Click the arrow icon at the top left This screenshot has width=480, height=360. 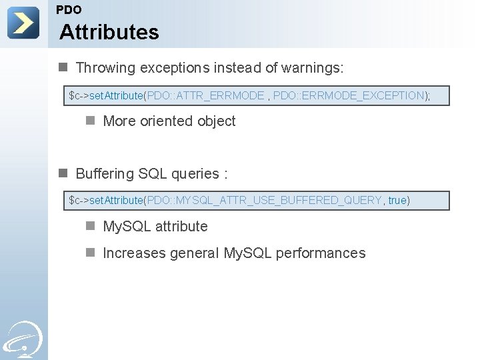23,23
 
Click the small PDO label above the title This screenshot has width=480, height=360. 69,10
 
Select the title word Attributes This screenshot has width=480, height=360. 109,32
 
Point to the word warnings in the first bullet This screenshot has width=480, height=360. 314,68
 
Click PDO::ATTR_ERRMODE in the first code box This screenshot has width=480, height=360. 205,96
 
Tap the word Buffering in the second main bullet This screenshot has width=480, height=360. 105,174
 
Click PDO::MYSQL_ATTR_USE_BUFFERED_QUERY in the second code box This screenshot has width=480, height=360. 264,201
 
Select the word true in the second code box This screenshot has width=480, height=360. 397,201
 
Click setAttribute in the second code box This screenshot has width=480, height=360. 116,201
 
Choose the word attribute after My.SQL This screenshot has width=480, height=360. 181,227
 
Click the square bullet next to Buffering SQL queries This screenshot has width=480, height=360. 63,173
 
